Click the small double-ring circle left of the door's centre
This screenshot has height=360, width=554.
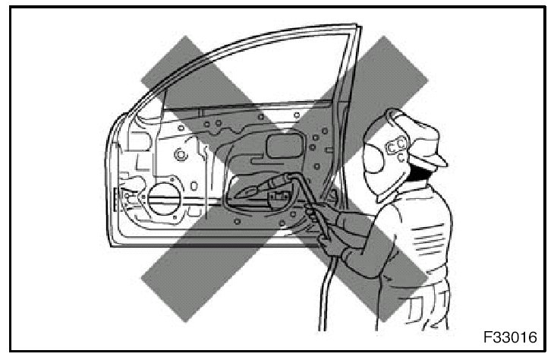pyautogui.click(x=181, y=156)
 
